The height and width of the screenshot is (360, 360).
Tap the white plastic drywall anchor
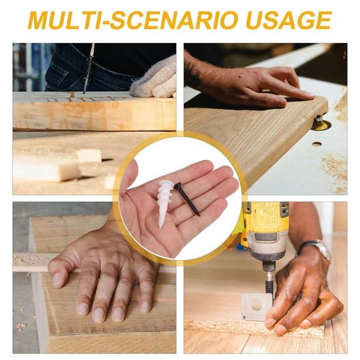[x=165, y=202]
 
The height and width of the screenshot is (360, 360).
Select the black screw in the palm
[x=187, y=199]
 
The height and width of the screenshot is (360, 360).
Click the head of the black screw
[x=177, y=185]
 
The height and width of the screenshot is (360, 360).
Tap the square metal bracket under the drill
[x=256, y=306]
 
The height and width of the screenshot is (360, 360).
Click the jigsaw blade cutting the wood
[x=88, y=69]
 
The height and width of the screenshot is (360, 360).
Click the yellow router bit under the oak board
[x=321, y=124]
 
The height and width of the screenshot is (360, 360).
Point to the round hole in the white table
[x=317, y=144]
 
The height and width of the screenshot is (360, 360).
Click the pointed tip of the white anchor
[x=160, y=227]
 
